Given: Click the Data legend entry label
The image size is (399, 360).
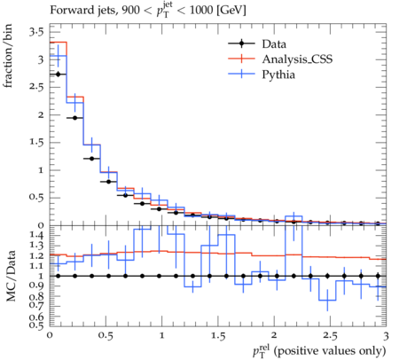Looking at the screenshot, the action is click(274, 44).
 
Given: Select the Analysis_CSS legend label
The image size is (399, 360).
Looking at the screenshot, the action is click(297, 59).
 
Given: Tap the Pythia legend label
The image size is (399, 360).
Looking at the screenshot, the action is click(278, 74).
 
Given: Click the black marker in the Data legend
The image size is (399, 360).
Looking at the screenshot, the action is click(241, 43).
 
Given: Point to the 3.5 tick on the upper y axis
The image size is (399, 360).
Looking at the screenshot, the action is click(36, 32).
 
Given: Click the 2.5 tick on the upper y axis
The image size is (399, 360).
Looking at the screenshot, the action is click(36, 87).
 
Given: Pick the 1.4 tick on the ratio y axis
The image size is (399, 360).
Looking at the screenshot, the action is click(36, 235).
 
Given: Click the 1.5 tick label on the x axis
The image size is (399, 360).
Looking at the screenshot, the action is click(218, 336).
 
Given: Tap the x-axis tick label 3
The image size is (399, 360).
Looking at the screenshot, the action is click(386, 336).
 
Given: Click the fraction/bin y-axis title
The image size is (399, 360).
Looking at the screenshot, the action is click(8, 56).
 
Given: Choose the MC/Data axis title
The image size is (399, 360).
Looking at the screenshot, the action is click(11, 276).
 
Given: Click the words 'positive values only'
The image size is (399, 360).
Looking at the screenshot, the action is click(330, 351).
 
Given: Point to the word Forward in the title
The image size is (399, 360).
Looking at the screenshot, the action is click(67, 11).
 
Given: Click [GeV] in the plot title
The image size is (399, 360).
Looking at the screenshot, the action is click(231, 11).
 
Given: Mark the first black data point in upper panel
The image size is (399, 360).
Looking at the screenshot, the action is click(58, 74).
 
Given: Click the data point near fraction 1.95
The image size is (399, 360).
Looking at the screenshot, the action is click(74, 118).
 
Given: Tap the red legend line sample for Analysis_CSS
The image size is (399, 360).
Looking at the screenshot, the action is click(241, 59).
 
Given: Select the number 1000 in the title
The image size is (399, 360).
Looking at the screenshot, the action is click(201, 11).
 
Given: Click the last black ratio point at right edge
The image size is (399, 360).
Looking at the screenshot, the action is click(378, 276).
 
